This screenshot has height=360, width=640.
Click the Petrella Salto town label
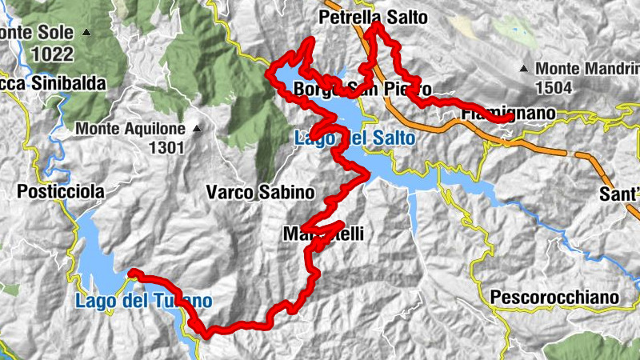click(373, 17)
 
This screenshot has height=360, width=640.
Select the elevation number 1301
click(166, 147)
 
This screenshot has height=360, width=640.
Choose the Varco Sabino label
click(260, 193)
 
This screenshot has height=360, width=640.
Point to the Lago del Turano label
click(144, 302)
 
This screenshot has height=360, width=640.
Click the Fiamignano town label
click(508, 114)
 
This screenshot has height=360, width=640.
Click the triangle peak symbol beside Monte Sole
click(86, 34)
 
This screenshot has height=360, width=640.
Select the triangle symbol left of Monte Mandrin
click(523, 69)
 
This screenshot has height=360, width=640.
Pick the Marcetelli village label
click(323, 234)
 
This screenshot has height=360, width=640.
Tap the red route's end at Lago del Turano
click(130, 272)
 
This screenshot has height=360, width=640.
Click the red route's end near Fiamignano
click(510, 119)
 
